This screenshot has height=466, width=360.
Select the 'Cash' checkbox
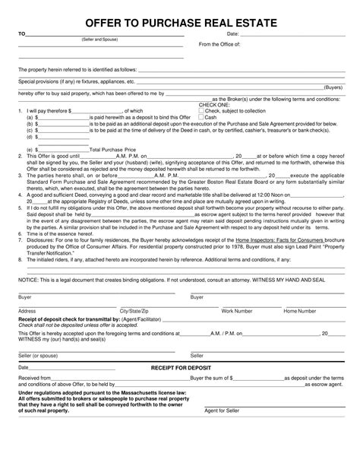pos(201,118)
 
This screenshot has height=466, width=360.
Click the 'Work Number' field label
pos(237,290)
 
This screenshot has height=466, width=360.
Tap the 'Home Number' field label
pos(300,290)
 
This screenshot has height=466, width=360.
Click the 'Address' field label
pos(27,290)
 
